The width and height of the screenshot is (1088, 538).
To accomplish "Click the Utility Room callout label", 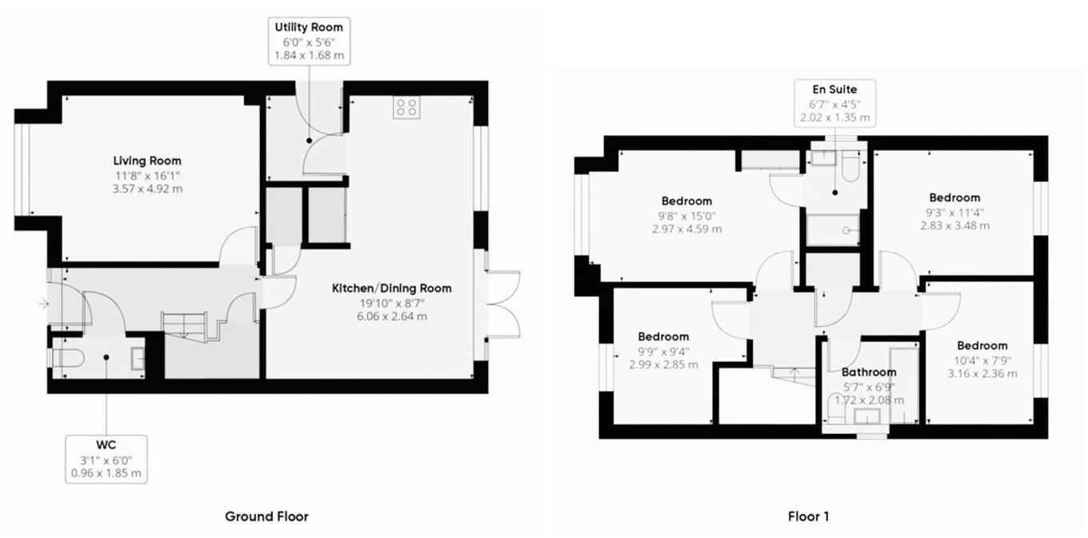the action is click(x=309, y=42).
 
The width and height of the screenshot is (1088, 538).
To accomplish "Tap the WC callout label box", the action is click(x=106, y=459).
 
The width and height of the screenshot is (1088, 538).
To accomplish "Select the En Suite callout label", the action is click(x=835, y=103).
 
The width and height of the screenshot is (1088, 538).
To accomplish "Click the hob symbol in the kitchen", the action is click(x=406, y=107).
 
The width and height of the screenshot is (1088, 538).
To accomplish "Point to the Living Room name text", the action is click(x=147, y=161).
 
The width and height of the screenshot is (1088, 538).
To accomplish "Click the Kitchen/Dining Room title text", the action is click(x=391, y=289).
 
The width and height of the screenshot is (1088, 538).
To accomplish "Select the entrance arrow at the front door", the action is click(x=44, y=305).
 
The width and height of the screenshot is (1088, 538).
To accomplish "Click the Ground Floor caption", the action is click(x=266, y=516).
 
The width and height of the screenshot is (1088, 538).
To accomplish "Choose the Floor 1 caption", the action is click(x=808, y=516).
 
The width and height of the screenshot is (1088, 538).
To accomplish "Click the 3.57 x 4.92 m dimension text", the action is click(x=148, y=189).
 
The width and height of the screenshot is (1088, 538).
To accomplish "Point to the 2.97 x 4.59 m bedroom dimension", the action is click(x=686, y=229).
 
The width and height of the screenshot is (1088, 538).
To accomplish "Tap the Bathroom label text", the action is click(x=869, y=373).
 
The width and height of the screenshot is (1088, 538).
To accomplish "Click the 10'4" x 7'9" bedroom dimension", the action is click(x=982, y=361).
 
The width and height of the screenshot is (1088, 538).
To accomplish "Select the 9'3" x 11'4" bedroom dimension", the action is click(x=954, y=213).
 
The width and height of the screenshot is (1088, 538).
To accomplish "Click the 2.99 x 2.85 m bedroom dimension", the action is click(x=663, y=365).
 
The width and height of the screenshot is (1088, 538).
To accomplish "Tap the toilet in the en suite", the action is click(x=850, y=166).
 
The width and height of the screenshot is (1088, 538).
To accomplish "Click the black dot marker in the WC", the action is click(x=106, y=357).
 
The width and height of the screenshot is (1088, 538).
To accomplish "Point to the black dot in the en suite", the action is click(x=835, y=193).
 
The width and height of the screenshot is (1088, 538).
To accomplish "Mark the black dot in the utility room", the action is click(x=310, y=141).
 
